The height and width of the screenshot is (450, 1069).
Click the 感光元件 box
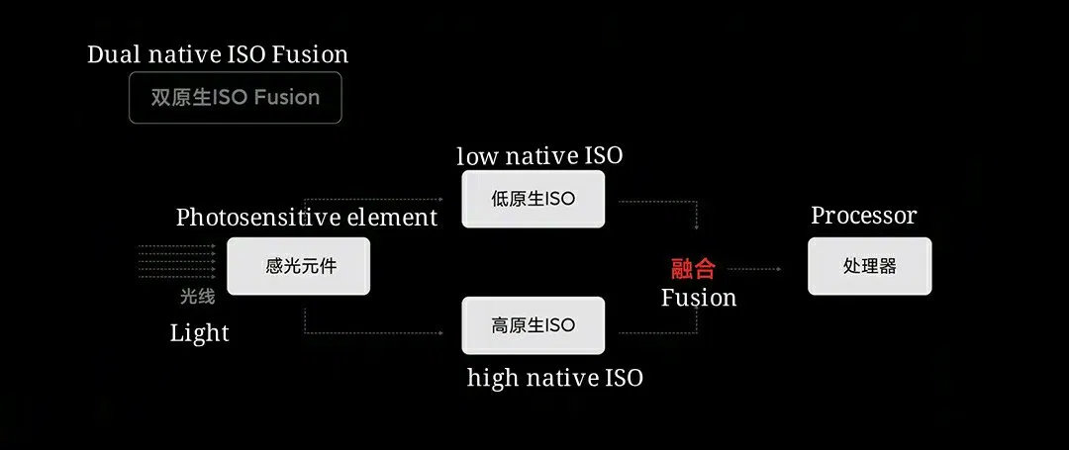pyautogui.click(x=298, y=266)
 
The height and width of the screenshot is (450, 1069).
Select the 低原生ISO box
pyautogui.click(x=533, y=199)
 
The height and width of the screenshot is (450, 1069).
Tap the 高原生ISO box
pyautogui.click(x=533, y=325)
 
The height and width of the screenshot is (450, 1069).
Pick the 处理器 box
pyautogui.click(x=869, y=266)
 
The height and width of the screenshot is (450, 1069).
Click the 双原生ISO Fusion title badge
pyautogui.click(x=235, y=98)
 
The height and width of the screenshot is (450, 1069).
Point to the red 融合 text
pyautogui.click(x=693, y=268)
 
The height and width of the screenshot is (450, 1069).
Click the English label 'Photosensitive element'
pyautogui.click(x=306, y=218)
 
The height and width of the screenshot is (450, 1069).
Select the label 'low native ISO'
pyautogui.click(x=539, y=156)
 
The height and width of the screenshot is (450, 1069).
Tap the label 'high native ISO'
pyautogui.click(x=554, y=377)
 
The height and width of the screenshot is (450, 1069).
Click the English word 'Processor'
pyautogui.click(x=863, y=216)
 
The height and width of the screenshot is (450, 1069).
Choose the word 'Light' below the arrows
pyautogui.click(x=199, y=333)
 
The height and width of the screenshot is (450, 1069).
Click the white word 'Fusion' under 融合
pyautogui.click(x=698, y=298)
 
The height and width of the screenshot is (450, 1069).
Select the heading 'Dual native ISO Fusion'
pyautogui.click(x=218, y=54)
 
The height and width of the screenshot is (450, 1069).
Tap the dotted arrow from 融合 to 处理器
pyautogui.click(x=760, y=268)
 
